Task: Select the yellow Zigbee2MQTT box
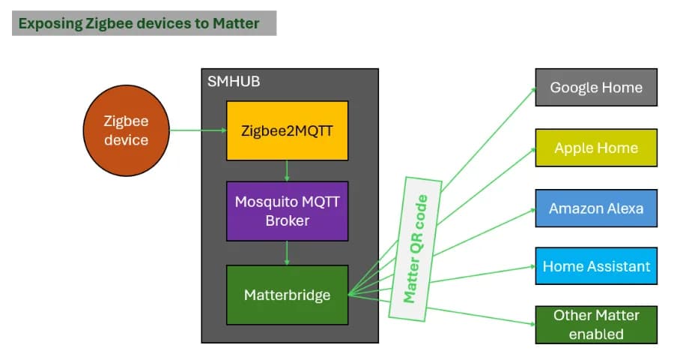coord(287,130)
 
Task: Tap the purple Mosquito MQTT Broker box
coord(287,211)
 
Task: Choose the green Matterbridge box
coord(287,295)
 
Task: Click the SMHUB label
coord(234,81)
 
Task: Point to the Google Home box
coord(595,87)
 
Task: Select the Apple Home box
coord(595,148)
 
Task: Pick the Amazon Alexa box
coord(595,208)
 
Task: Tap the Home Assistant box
coord(595,266)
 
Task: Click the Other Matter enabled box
coord(595,325)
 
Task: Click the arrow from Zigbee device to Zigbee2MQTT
coord(198,130)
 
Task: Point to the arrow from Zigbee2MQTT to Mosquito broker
coord(287,171)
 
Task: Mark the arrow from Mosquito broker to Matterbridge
coord(287,253)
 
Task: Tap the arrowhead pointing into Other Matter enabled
coord(531,323)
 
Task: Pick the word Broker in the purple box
coord(287,221)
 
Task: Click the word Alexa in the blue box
coord(624,208)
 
